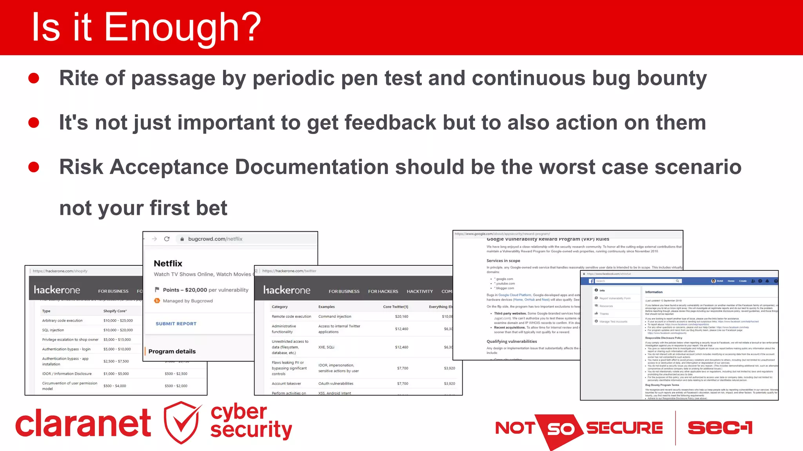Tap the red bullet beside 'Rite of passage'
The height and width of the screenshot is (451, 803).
click(34, 78)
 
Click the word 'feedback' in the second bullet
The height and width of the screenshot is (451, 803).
click(390, 123)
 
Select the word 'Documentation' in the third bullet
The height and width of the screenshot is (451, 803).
click(311, 167)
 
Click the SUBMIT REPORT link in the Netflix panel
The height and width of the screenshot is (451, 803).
click(176, 324)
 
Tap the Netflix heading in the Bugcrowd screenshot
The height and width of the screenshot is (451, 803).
click(168, 263)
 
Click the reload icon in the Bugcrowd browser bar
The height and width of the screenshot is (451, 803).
click(167, 239)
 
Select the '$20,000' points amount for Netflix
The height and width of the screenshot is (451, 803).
click(196, 290)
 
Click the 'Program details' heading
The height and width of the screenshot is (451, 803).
click(172, 351)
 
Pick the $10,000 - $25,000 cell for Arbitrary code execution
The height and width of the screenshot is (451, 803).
click(118, 321)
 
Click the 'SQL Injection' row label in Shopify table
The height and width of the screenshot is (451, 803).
click(53, 330)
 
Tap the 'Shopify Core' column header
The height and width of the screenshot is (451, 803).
click(115, 311)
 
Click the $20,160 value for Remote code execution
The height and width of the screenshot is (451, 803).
click(401, 317)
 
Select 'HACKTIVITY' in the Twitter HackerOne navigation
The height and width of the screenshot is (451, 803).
click(420, 292)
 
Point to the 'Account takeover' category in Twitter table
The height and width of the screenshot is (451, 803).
click(286, 384)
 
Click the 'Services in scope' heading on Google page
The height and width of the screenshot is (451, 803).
click(503, 261)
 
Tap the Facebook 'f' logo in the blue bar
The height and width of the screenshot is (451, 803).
click(591, 281)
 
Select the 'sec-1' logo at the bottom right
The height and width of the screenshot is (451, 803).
click(720, 427)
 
